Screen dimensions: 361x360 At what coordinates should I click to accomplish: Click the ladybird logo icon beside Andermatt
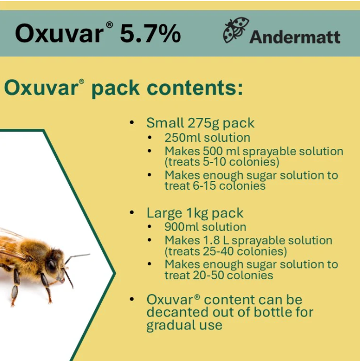click(236, 31)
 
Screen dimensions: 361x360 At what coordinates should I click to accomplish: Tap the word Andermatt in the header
click(295, 37)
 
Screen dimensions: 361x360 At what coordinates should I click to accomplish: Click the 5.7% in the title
click(150, 34)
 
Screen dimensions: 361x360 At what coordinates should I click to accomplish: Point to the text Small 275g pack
click(200, 123)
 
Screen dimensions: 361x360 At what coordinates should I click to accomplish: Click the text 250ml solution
click(207, 138)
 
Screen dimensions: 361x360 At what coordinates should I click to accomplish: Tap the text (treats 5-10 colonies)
click(222, 161)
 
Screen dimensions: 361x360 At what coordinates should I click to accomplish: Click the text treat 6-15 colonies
click(215, 185)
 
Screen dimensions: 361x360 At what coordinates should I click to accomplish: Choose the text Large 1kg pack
click(195, 213)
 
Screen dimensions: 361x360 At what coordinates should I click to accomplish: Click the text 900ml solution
click(205, 227)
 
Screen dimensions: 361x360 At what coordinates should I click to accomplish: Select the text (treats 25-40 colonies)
click(226, 251)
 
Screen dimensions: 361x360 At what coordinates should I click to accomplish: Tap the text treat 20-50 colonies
click(218, 275)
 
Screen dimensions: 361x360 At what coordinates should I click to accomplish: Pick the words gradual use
click(184, 325)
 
